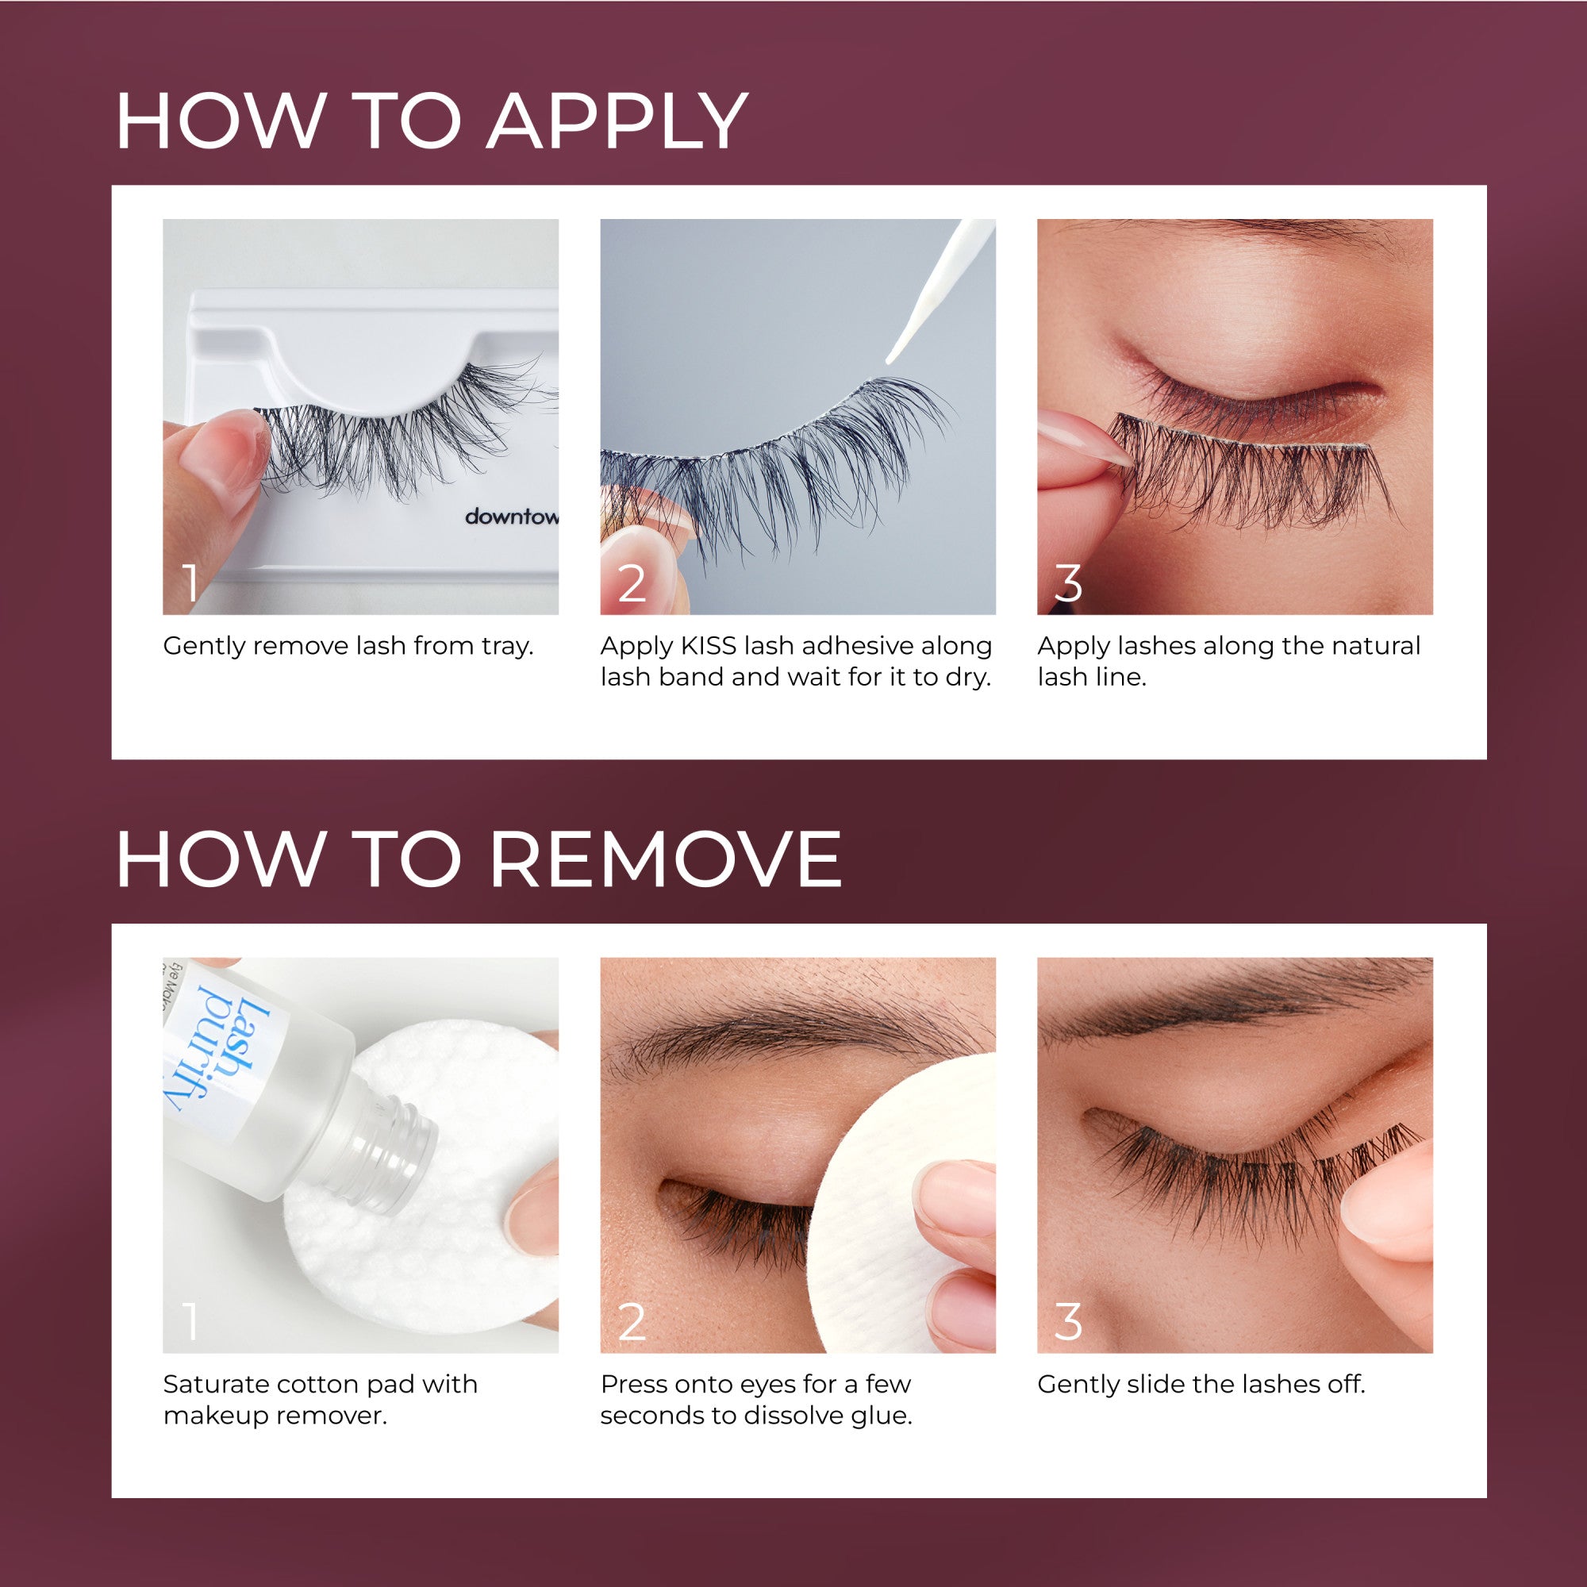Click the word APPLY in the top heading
tap(616, 121)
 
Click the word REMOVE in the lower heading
tap(666, 859)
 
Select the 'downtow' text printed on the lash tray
tap(511, 517)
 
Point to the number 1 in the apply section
tap(190, 583)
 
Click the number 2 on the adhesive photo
tap(631, 583)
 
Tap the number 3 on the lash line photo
tap(1067, 583)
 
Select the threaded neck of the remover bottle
tap(394, 1150)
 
